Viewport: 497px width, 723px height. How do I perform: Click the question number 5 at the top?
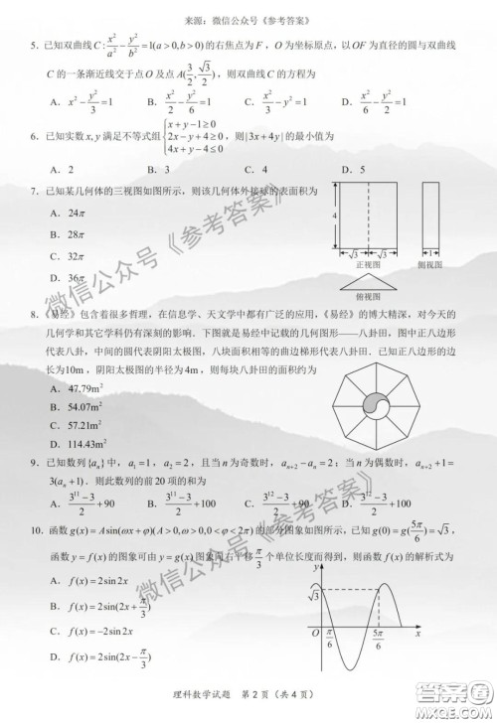[35, 46]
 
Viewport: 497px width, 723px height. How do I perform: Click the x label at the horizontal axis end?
[418, 633]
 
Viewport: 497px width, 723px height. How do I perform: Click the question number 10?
[35, 544]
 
